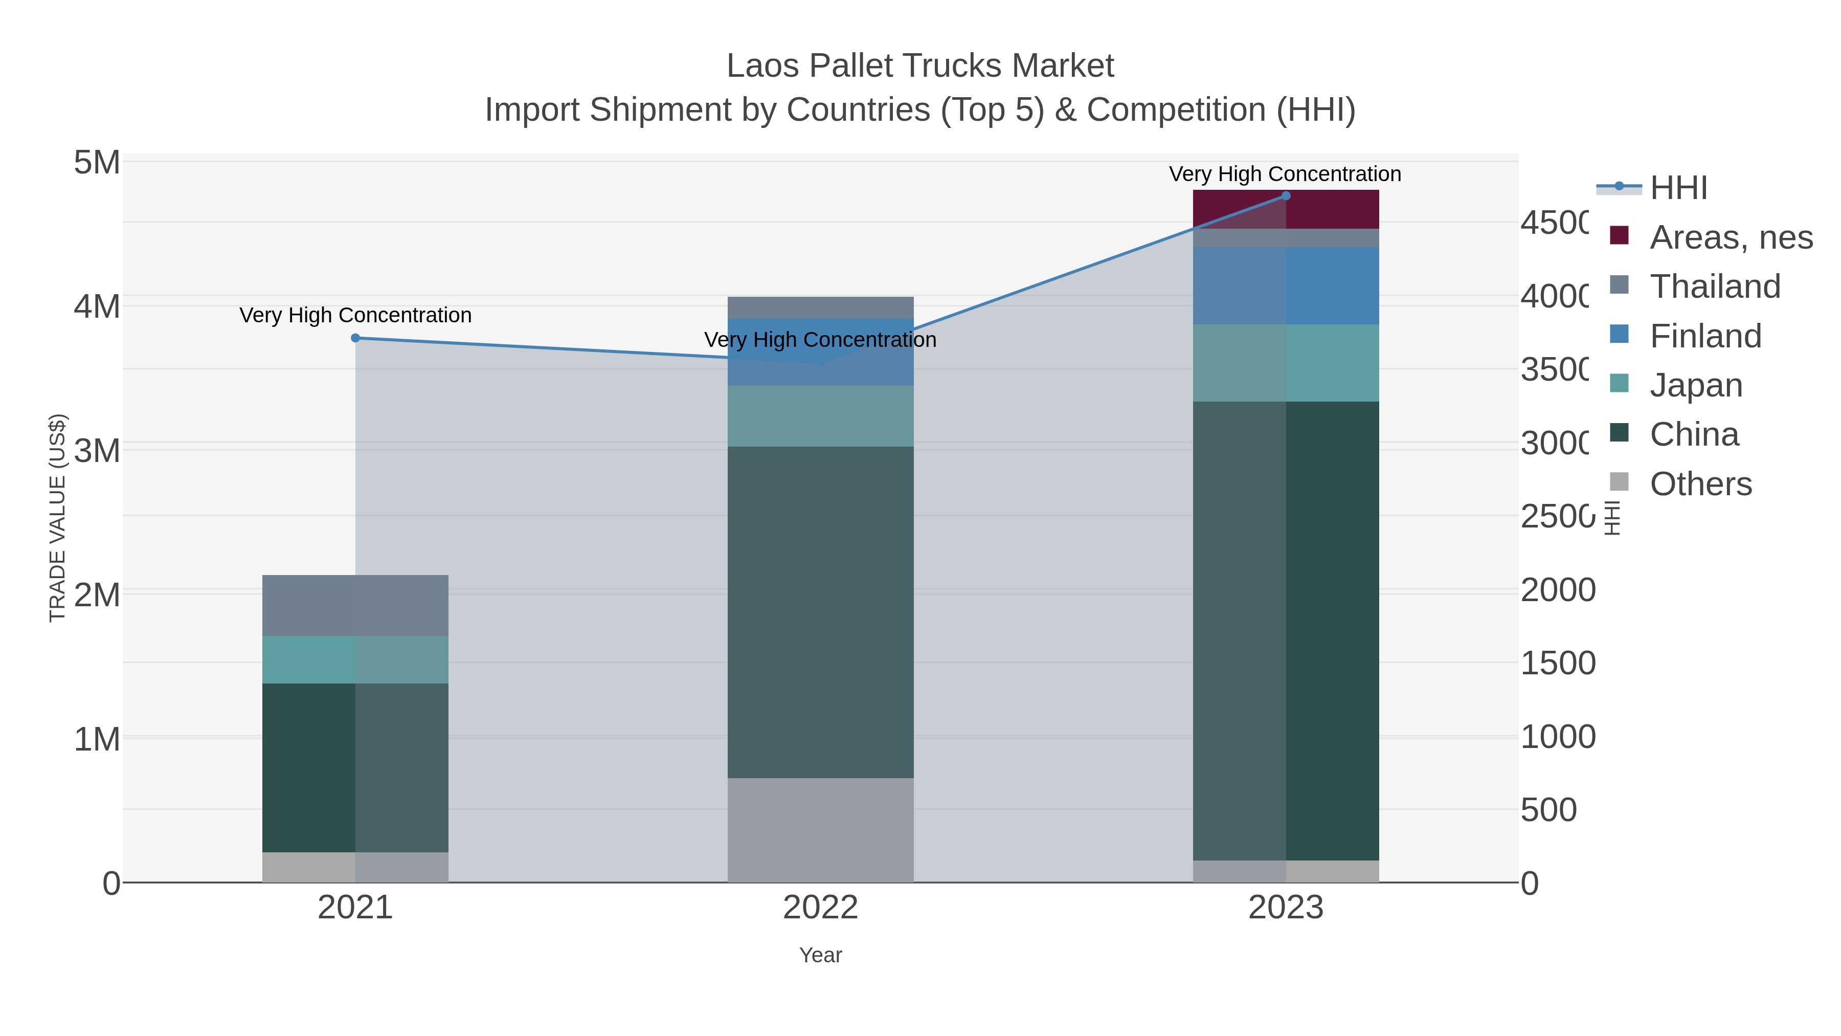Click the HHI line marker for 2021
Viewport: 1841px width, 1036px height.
355,338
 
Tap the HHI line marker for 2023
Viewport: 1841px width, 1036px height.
1286,196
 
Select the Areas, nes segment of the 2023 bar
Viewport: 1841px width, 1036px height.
1286,209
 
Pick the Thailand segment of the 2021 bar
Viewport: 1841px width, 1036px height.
355,606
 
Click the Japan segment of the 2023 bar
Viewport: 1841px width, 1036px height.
1286,363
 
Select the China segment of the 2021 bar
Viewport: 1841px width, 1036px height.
355,768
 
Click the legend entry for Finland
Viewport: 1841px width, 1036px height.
1705,336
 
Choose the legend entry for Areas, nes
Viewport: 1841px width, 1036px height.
1730,237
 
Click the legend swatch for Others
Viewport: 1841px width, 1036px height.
1619,482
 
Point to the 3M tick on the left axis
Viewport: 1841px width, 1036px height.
97,451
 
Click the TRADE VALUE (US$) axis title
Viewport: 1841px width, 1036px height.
57,518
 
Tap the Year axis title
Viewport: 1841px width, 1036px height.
820,955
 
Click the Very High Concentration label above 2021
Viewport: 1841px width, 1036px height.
355,315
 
